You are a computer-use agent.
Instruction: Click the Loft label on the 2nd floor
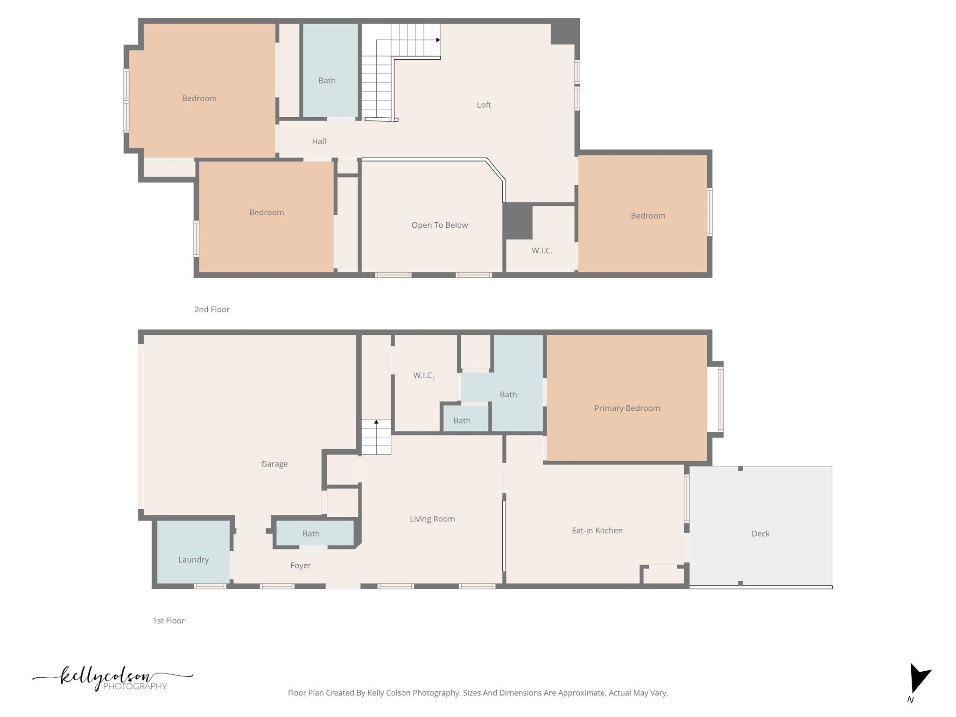(x=484, y=105)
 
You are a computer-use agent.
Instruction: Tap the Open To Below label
(x=439, y=225)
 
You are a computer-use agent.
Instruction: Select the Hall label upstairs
(x=319, y=141)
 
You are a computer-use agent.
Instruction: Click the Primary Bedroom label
(x=626, y=408)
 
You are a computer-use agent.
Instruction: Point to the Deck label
(x=760, y=534)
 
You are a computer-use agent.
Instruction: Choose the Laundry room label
(x=193, y=560)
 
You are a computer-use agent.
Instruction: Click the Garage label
(x=274, y=464)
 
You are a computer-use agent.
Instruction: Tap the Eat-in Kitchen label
(x=597, y=530)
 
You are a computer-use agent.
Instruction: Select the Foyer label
(x=300, y=565)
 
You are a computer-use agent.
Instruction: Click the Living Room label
(x=432, y=519)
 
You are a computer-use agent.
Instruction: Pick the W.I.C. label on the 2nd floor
(x=541, y=251)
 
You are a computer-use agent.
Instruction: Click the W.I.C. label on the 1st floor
(x=423, y=375)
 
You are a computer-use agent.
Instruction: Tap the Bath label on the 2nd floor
(x=327, y=81)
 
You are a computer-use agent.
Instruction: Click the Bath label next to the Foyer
(x=311, y=534)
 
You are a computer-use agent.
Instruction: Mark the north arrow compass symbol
(x=918, y=679)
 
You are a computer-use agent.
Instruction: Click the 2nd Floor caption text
(x=211, y=309)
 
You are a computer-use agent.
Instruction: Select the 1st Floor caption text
(x=169, y=620)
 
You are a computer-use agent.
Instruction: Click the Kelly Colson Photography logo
(x=112, y=678)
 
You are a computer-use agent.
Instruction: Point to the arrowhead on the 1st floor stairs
(x=376, y=422)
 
